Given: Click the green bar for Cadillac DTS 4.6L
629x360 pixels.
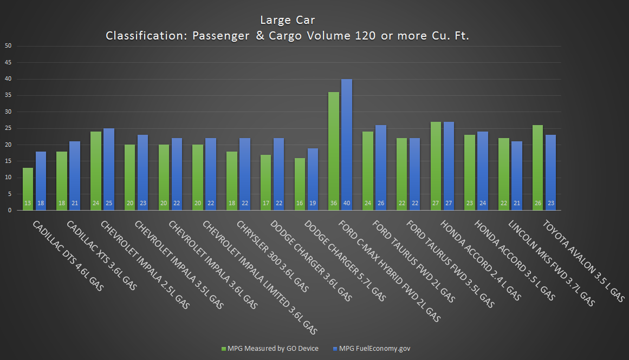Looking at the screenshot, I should (x=28, y=189).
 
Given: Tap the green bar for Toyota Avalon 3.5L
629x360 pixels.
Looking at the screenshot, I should (x=538, y=167).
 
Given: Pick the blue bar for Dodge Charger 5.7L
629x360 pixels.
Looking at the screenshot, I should (x=313, y=179).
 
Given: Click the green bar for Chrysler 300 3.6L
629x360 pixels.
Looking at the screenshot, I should (x=232, y=181).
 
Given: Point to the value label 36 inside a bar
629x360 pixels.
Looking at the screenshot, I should (x=334, y=204).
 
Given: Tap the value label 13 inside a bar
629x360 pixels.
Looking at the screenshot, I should (x=28, y=204).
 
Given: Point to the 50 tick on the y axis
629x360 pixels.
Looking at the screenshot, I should (x=8, y=46).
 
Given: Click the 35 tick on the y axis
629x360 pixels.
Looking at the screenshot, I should (x=8, y=95).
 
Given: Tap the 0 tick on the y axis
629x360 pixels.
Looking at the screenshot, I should (x=10, y=211).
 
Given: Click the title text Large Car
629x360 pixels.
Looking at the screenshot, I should (x=287, y=20).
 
